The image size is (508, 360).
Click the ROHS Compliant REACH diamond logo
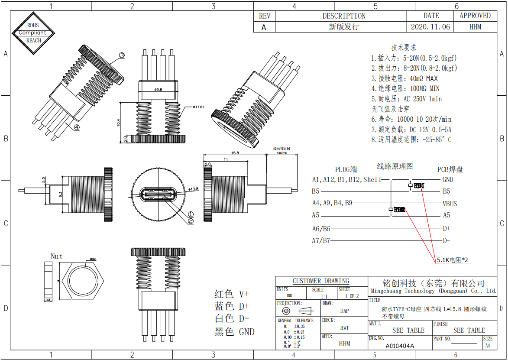pyautogui.click(x=33, y=33)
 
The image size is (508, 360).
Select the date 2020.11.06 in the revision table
pyautogui.click(x=430, y=27)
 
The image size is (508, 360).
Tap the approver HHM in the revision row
pyautogui.click(x=475, y=27)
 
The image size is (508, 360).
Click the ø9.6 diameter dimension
pyautogui.click(x=158, y=90)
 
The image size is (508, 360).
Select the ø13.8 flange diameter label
pyautogui.click(x=193, y=189)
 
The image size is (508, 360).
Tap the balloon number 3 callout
pyautogui.click(x=122, y=55)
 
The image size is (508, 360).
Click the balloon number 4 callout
pyautogui.click(x=76, y=127)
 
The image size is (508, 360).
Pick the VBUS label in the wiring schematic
pyautogui.click(x=449, y=204)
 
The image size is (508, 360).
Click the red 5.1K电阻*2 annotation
pyautogui.click(x=452, y=260)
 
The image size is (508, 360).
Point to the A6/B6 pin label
pyautogui.click(x=321, y=229)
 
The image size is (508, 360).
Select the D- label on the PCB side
pyautogui.click(x=446, y=240)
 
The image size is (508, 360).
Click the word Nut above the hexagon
pyautogui.click(x=57, y=256)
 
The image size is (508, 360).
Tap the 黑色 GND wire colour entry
pyautogui.click(x=234, y=332)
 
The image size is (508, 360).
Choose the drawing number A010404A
pyautogui.click(x=399, y=346)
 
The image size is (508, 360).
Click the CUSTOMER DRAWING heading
pyautogui.click(x=320, y=281)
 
